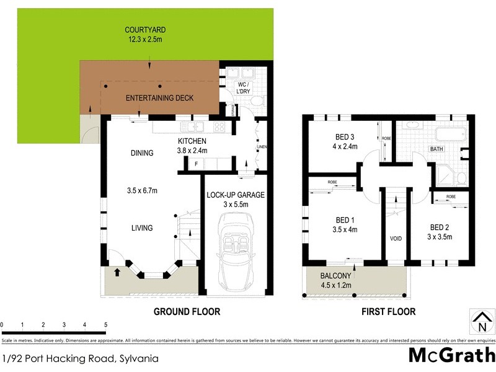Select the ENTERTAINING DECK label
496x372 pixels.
click(159, 98)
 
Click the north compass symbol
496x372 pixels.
click(482, 322)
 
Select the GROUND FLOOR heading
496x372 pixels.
click(187, 312)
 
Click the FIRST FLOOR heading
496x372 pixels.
click(388, 312)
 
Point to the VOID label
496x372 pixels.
click(396, 239)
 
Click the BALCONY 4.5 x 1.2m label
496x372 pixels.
click(336, 280)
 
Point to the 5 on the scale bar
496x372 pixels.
click(105, 325)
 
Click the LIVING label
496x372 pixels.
click(141, 228)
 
